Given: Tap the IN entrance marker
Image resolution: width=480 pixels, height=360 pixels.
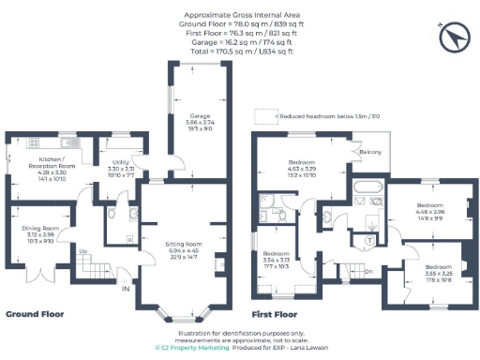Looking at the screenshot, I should [x=125, y=289].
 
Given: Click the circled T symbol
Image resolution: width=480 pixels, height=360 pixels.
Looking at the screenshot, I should [x=368, y=239].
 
